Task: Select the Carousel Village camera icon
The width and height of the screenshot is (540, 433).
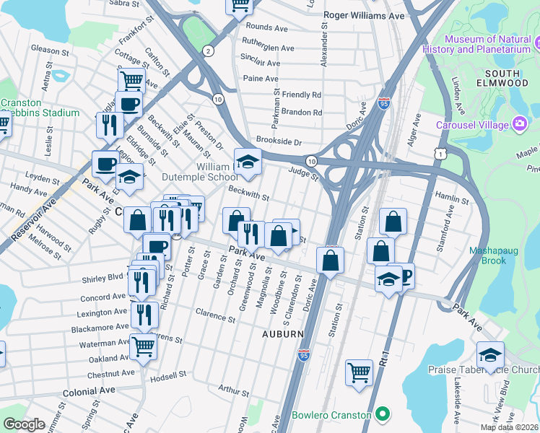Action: coord(519,124)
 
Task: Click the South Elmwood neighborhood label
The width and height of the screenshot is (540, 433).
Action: coord(508,79)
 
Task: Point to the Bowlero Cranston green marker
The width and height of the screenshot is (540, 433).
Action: coord(383,415)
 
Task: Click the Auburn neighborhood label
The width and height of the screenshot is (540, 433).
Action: coord(282,334)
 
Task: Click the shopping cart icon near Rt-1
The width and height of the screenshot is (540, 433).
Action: coord(359,373)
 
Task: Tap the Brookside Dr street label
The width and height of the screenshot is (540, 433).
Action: coord(278,141)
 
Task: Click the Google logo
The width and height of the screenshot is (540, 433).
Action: coord(24,424)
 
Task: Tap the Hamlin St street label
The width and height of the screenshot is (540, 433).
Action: coord(453,197)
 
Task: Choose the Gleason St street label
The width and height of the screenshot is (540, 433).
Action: coord(50,49)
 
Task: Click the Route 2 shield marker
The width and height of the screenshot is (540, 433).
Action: coord(208,51)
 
